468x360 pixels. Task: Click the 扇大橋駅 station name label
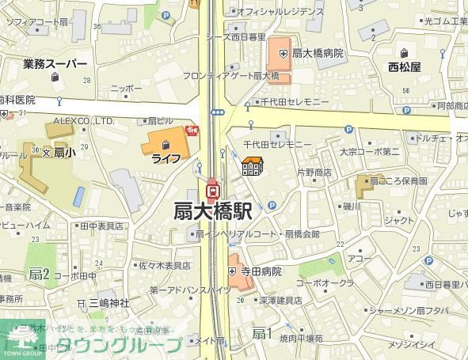[213, 212]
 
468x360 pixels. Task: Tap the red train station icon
[212, 190]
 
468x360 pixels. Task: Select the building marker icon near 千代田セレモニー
[252, 167]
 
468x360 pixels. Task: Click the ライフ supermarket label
[166, 158]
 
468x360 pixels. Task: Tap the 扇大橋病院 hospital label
[318, 53]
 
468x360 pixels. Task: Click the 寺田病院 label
[261, 271]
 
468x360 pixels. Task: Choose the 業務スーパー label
[55, 63]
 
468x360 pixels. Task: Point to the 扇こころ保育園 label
[401, 181]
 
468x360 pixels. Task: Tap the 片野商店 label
[314, 172]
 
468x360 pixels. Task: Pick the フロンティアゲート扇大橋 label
[242, 76]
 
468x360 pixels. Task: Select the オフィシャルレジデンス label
[280, 12]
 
